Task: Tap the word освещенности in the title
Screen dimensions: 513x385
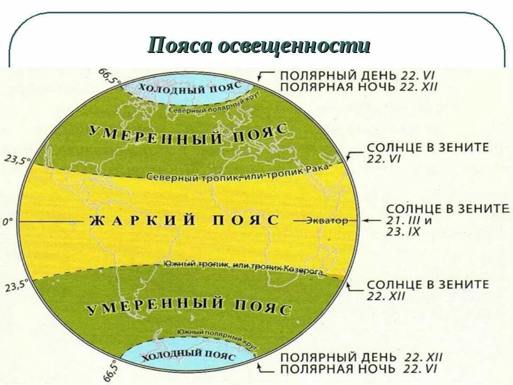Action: [293, 47]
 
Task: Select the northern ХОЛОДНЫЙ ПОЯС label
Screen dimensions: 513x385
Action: [185, 88]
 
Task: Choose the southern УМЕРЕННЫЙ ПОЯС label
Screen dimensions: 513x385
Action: [188, 306]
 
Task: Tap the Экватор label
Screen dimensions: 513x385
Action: [327, 220]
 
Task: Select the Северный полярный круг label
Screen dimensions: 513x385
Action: [203, 109]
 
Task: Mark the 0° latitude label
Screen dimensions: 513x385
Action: [7, 220]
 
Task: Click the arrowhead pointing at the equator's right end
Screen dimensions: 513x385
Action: [365, 220]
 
